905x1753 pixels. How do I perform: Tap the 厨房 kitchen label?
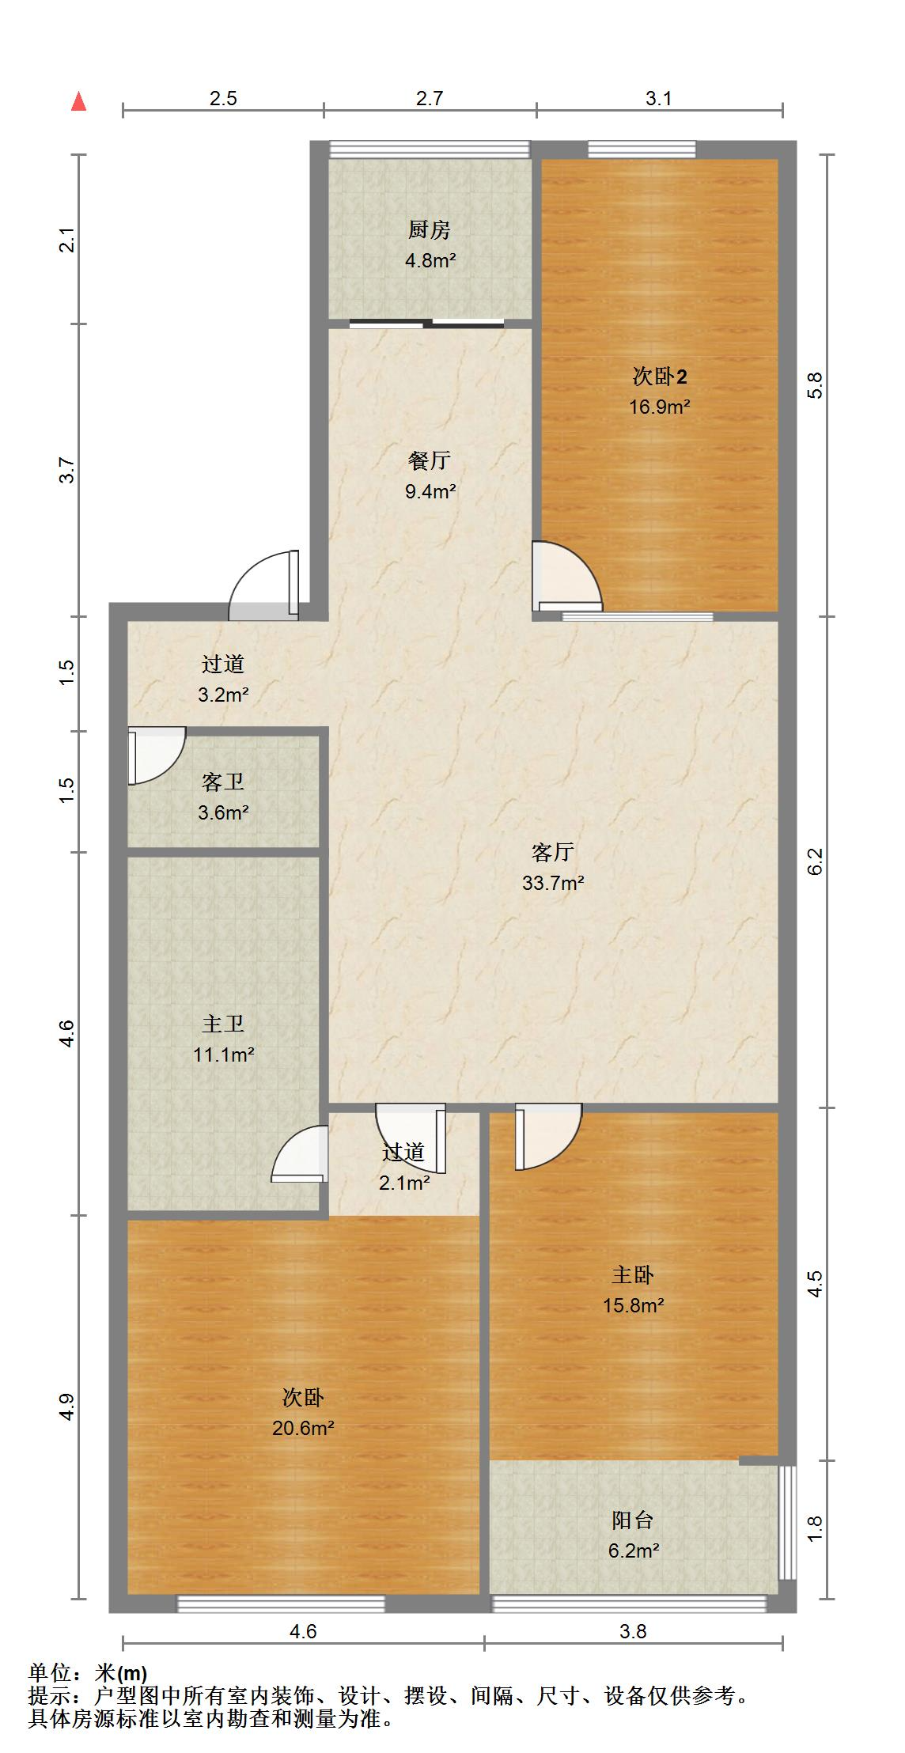[x=430, y=230]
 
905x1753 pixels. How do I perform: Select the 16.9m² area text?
[x=660, y=407]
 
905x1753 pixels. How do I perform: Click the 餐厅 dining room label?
[x=430, y=460]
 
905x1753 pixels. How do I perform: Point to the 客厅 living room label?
[x=553, y=852]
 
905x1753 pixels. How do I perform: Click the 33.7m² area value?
[x=553, y=882]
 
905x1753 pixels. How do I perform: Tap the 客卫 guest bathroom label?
[x=223, y=782]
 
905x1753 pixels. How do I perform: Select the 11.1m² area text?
[x=224, y=1054]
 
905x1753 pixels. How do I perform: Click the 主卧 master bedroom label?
[x=633, y=1274]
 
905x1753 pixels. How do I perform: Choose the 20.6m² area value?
[x=303, y=1428]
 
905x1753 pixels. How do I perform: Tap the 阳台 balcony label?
[x=633, y=1520]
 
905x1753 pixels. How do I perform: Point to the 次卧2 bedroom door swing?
[x=566, y=577]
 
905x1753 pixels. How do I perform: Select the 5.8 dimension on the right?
[x=816, y=385]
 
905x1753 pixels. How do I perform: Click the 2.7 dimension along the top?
[x=430, y=98]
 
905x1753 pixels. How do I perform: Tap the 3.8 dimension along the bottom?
[x=633, y=1631]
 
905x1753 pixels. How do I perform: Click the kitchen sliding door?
[x=427, y=323]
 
